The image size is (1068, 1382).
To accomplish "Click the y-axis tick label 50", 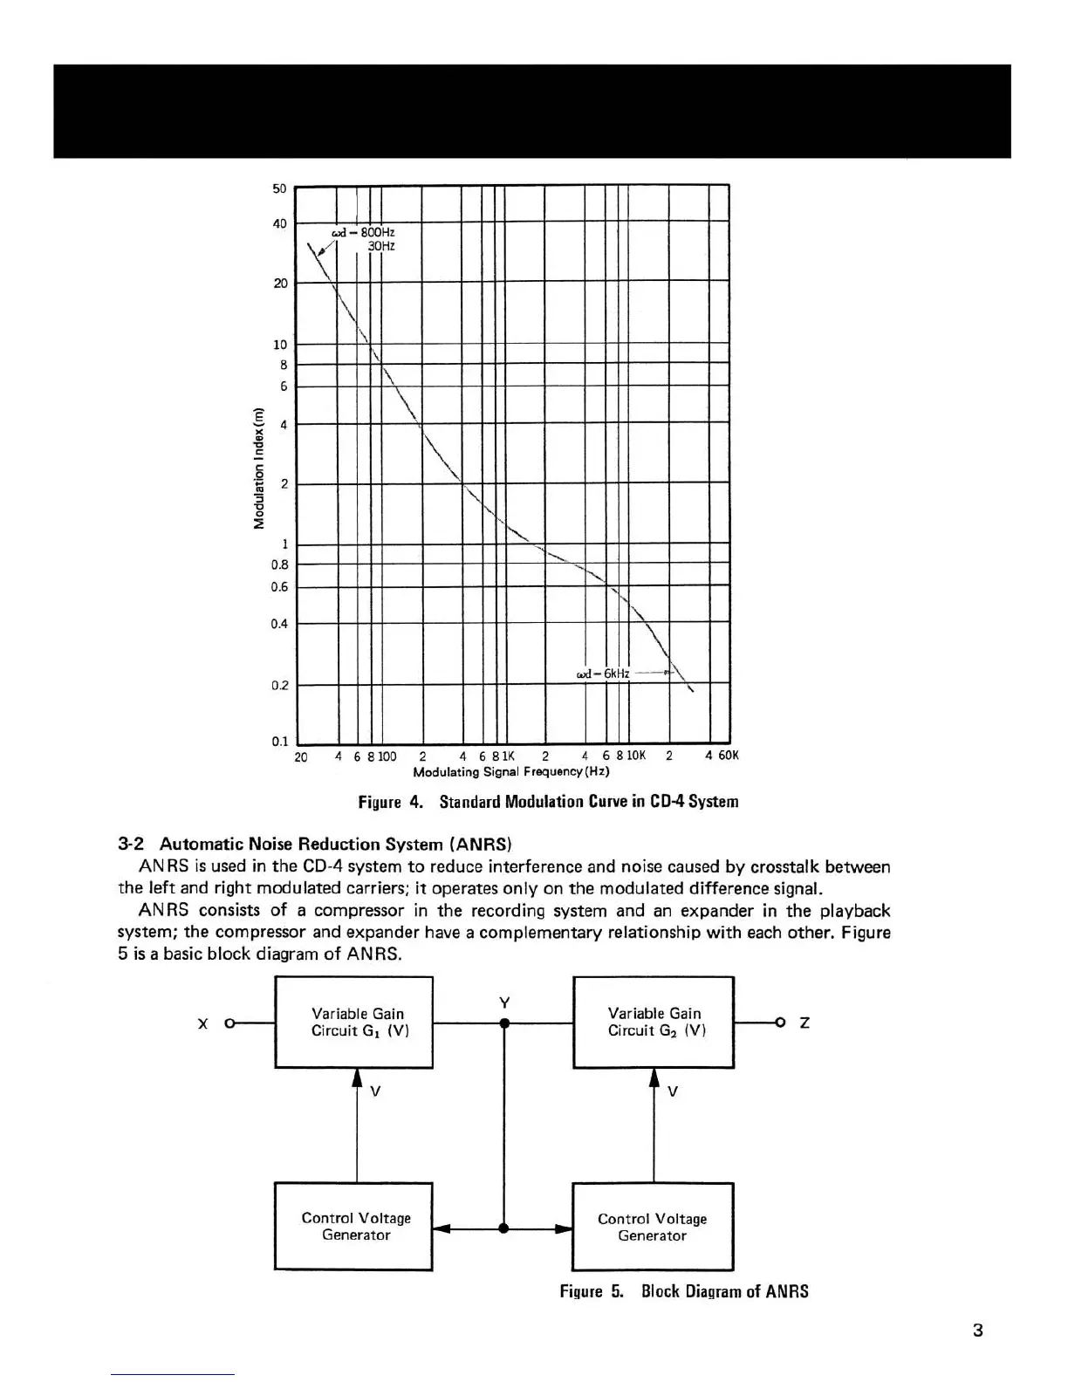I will (279, 189).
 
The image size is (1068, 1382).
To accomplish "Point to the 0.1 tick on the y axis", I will (279, 742).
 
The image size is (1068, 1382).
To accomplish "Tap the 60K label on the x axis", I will (728, 756).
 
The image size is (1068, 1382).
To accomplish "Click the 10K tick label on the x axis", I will (635, 756).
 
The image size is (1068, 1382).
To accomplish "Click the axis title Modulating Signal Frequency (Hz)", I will (510, 771).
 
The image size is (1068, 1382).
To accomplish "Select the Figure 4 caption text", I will (548, 802).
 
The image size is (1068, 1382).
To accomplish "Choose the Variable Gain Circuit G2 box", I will (653, 1022).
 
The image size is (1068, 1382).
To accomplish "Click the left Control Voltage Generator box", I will (354, 1226).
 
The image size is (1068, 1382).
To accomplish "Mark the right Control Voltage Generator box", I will (652, 1227).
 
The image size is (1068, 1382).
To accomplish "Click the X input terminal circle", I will (230, 1023).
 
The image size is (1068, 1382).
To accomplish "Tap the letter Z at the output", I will (804, 1023).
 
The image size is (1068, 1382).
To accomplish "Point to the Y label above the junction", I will (503, 1002).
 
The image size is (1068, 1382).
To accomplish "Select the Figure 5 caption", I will (683, 1291).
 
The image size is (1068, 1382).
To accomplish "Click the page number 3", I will (977, 1331).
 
